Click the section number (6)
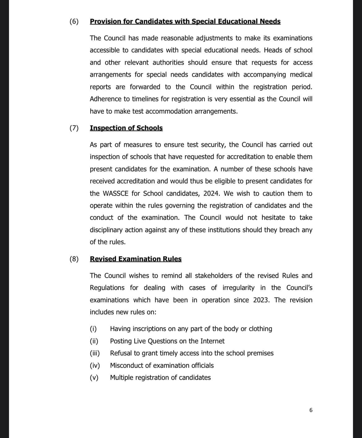coord(74,22)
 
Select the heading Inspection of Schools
coord(126,128)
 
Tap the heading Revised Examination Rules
coord(136,259)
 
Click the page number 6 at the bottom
coord(311,410)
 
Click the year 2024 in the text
coord(211,194)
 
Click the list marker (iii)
coord(95,353)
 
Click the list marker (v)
coord(94,378)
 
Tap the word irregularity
coord(238,288)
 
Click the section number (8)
coord(74,259)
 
